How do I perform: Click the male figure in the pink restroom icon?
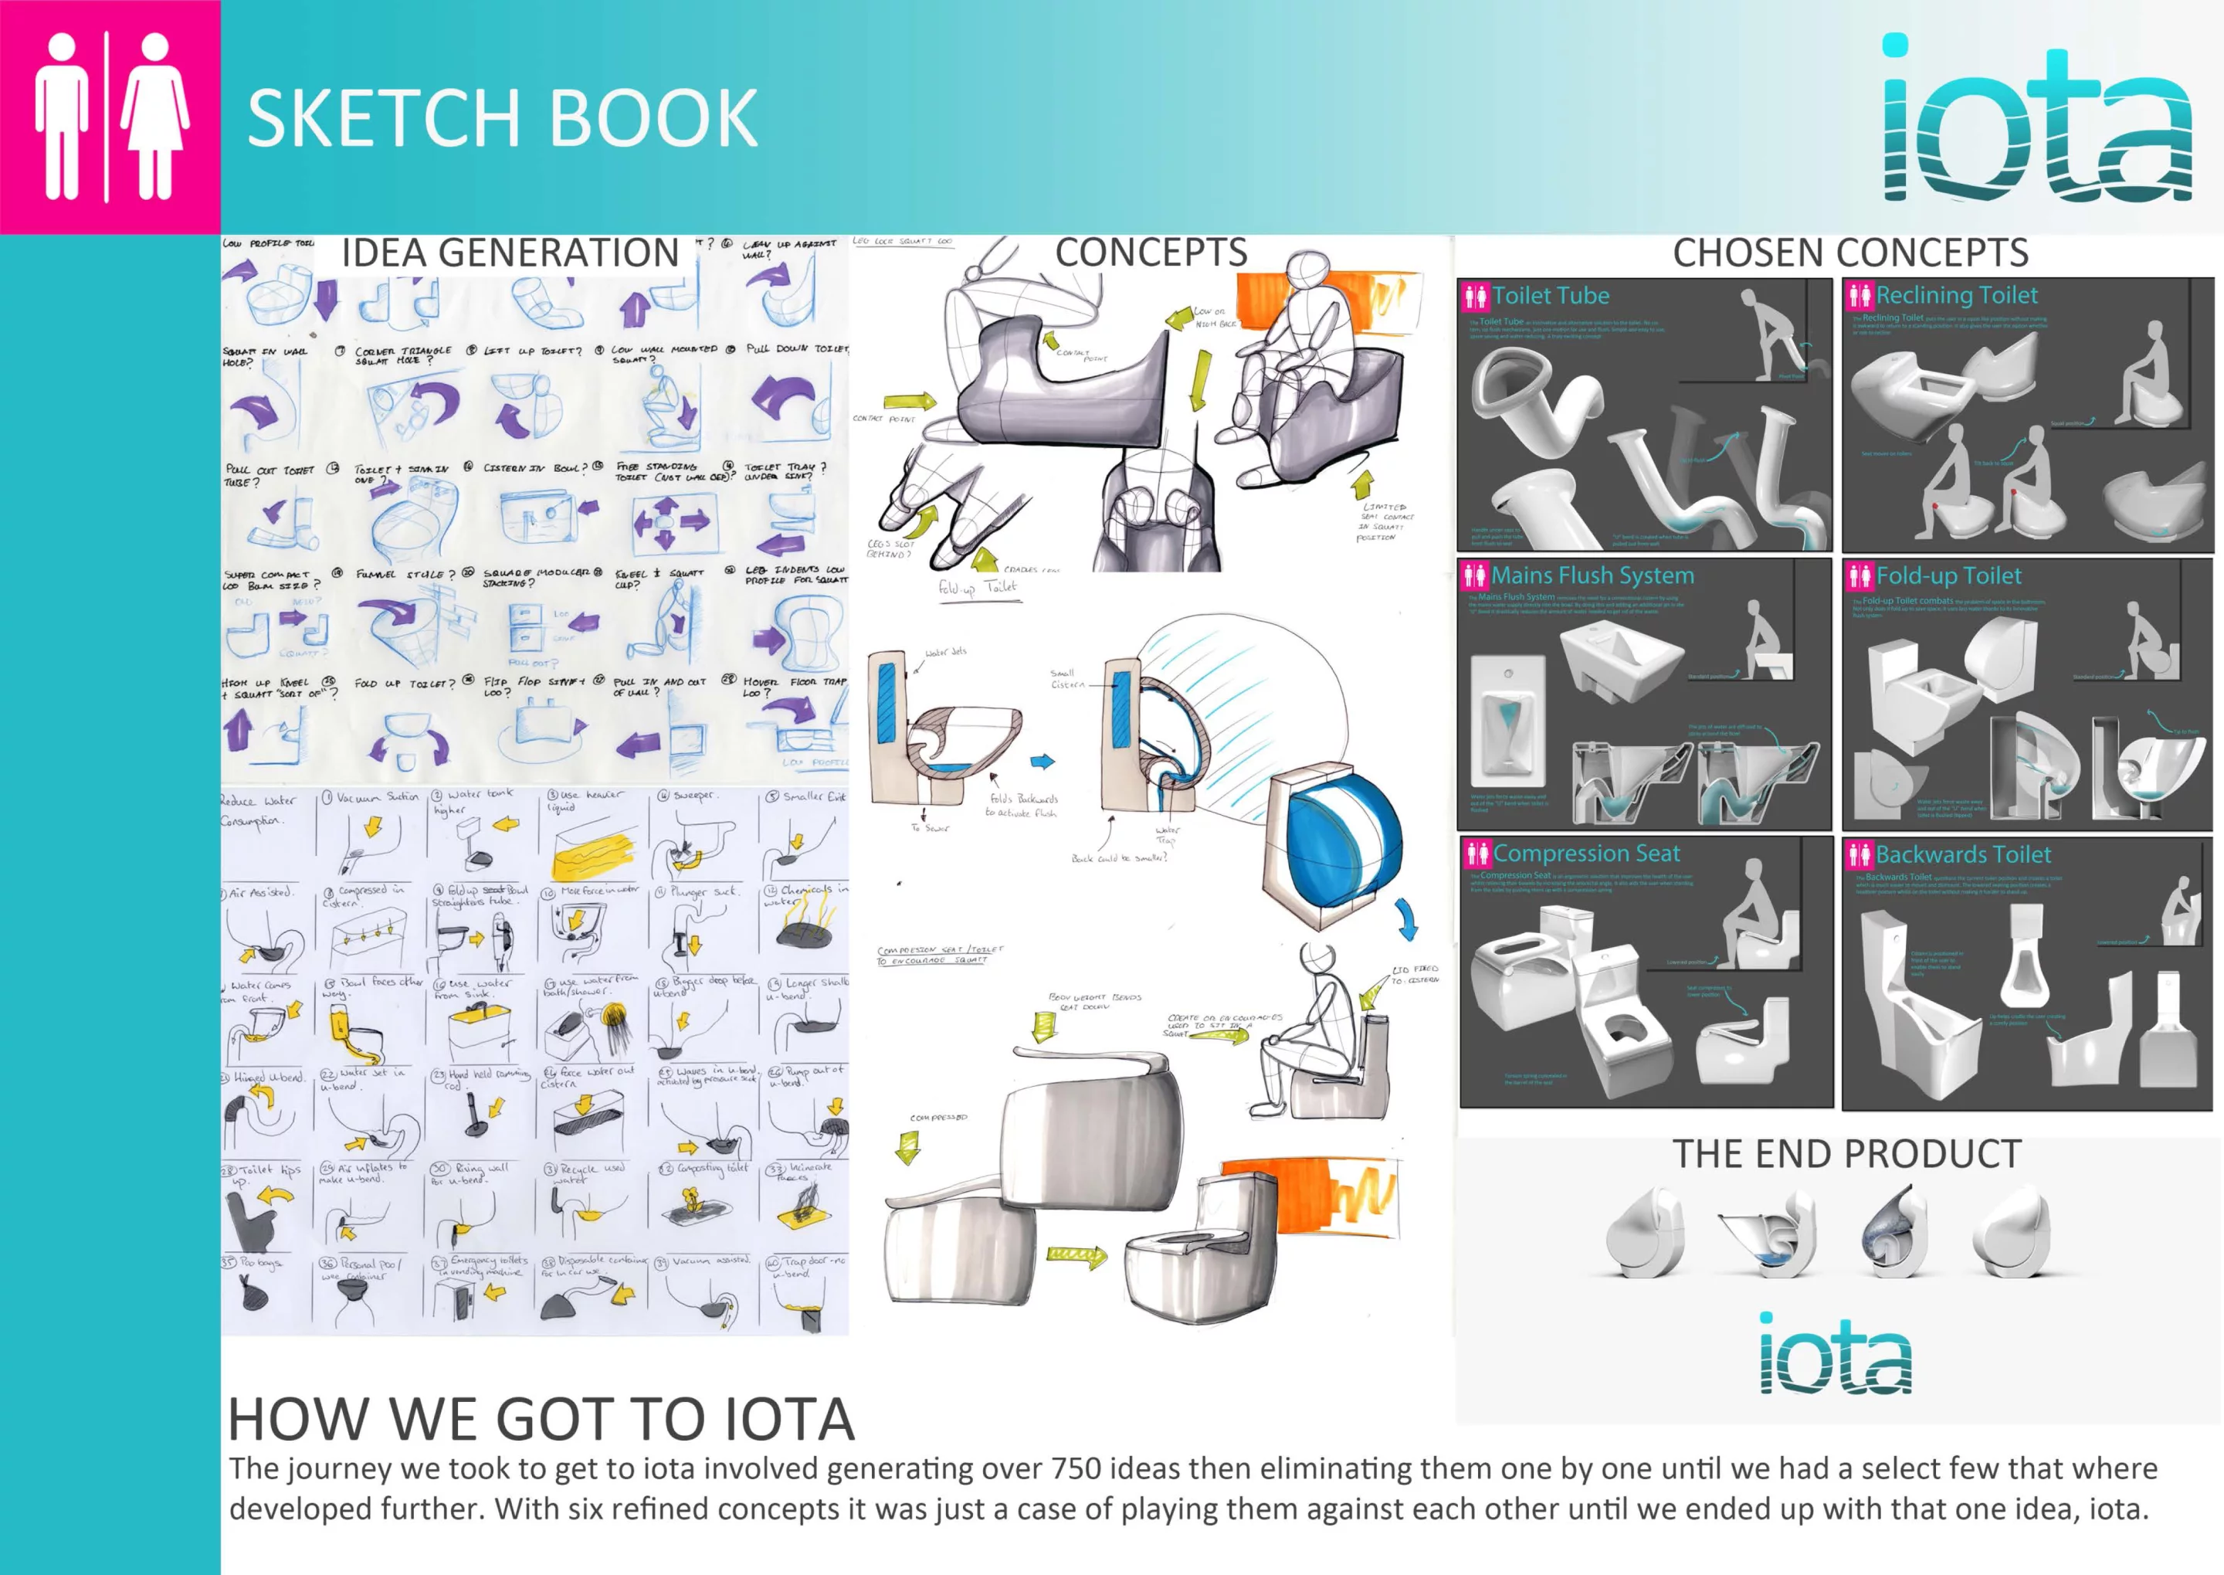pos(61,117)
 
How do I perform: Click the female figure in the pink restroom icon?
pos(155,117)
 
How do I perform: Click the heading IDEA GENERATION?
pos(510,253)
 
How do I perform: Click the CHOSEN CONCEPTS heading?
pos(1849,253)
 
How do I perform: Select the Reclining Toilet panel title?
pos(1956,295)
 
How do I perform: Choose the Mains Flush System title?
pos(1592,575)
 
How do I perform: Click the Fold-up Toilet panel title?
pos(1948,576)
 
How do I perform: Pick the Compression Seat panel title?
pos(1586,854)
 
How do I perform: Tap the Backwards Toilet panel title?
pos(1963,854)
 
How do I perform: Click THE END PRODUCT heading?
pos(1847,1154)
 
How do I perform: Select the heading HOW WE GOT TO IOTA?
pos(541,1420)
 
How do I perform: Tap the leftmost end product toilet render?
pos(1644,1234)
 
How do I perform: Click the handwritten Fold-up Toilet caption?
pos(977,588)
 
